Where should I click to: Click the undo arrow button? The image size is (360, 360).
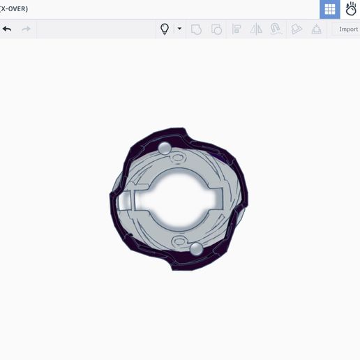tap(7, 29)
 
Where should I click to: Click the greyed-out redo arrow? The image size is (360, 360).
tap(26, 29)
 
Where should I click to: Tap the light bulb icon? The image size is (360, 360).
tap(165, 29)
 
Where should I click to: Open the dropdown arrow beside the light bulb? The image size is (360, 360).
tap(179, 29)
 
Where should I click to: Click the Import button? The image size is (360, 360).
tap(348, 29)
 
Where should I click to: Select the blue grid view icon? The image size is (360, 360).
tap(330, 9)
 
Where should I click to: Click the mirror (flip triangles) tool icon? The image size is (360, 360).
tap(256, 29)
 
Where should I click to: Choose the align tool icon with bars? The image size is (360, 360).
tap(237, 29)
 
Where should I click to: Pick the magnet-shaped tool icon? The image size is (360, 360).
tap(276, 29)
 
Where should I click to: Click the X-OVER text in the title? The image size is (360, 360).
tap(14, 9)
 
